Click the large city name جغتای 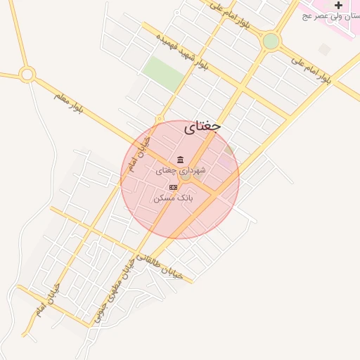[202, 127]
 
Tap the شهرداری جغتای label [181, 170]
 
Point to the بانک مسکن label [173, 199]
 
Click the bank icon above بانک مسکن [173, 187]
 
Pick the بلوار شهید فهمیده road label [182, 51]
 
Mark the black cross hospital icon [338, 6]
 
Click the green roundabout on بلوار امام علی [271, 41]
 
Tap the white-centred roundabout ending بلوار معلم [27, 74]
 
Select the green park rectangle [163, 72]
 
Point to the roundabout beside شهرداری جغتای [186, 176]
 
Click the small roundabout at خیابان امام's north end [160, 120]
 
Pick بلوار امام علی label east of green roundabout [310, 69]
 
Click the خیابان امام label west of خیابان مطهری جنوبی [47, 300]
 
